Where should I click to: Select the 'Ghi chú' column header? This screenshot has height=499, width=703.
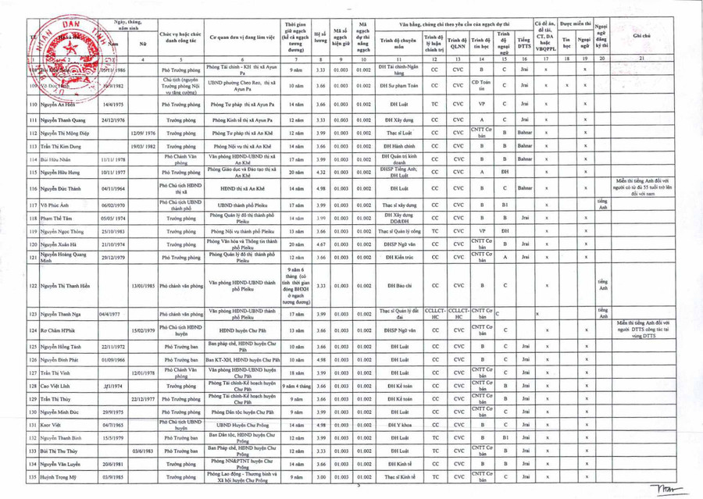642,37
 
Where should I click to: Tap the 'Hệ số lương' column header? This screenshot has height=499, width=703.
319,37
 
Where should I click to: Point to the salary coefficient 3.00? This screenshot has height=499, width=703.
319,476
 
